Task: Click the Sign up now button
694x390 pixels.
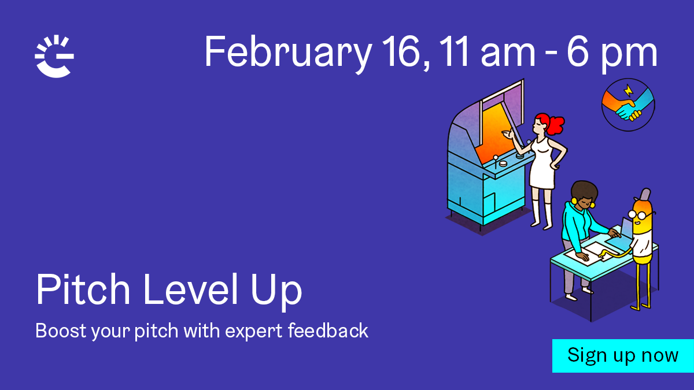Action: [623, 356]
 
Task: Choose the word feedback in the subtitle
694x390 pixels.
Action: [328, 330]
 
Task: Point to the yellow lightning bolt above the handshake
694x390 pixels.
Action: [628, 90]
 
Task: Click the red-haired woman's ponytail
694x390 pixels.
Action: [556, 124]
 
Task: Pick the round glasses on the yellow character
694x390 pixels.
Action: [641, 214]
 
